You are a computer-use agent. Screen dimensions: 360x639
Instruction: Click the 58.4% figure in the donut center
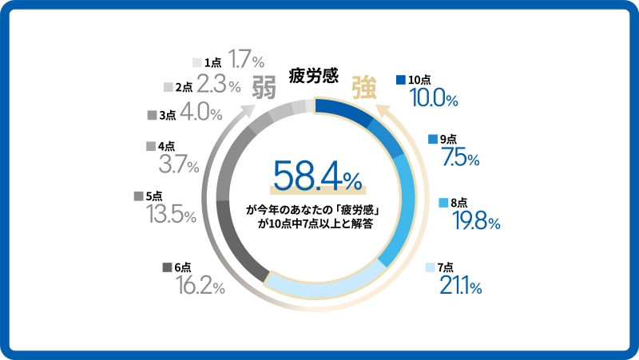[x=316, y=176]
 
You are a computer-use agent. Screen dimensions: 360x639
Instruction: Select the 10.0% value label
[x=433, y=98]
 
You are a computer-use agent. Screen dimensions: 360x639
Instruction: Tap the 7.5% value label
[x=460, y=158]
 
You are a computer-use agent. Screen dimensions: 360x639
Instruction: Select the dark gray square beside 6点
[x=167, y=267]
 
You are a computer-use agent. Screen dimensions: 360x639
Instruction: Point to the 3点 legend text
[x=167, y=115]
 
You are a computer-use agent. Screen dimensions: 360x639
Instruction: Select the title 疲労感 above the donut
[x=313, y=77]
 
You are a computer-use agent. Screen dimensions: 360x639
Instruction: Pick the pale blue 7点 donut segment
[x=319, y=283]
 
